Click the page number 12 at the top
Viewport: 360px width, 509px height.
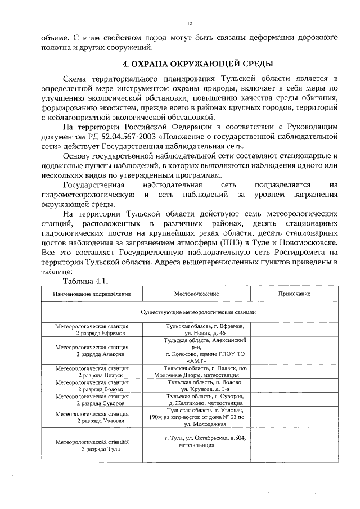(x=189, y=24)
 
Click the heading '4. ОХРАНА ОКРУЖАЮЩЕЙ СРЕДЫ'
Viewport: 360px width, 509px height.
(x=190, y=62)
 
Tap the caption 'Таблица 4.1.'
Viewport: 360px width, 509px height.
(x=85, y=281)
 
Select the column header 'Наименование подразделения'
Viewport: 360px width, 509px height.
(x=92, y=294)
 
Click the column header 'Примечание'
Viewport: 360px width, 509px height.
(x=294, y=294)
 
